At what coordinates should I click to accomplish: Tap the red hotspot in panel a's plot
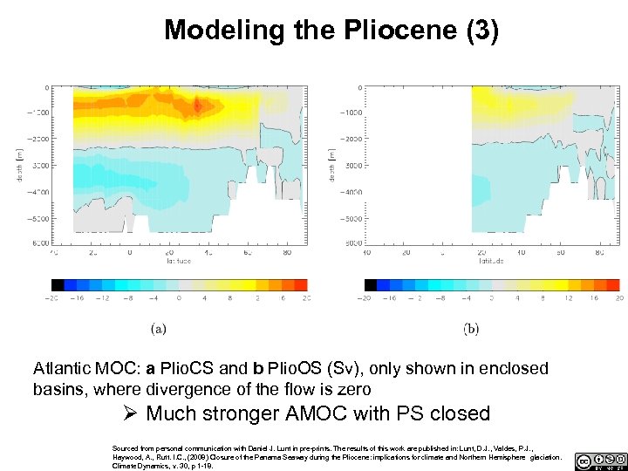197,106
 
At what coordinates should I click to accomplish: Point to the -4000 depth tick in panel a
37,192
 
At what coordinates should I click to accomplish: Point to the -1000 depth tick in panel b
350,113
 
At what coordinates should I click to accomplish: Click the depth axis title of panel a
19,164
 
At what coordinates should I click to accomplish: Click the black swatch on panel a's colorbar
58,284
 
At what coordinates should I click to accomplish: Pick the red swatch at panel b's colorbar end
613,284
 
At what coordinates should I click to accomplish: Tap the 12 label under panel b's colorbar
567,297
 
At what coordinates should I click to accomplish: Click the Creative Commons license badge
600,461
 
